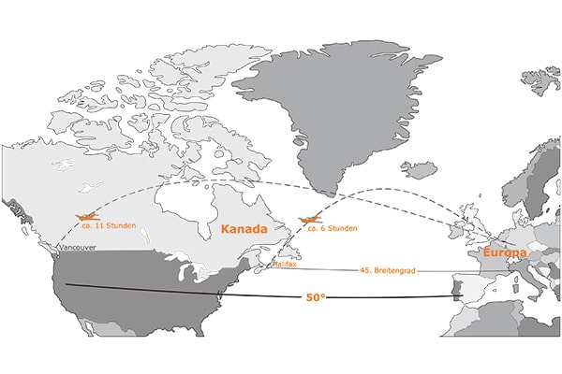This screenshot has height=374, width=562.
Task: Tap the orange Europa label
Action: (x=504, y=252)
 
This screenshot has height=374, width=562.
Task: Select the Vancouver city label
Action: (x=76, y=247)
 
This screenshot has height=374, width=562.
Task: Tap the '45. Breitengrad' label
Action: (x=387, y=270)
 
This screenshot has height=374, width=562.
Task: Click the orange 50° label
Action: (x=316, y=297)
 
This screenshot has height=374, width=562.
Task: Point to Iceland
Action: (x=419, y=170)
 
